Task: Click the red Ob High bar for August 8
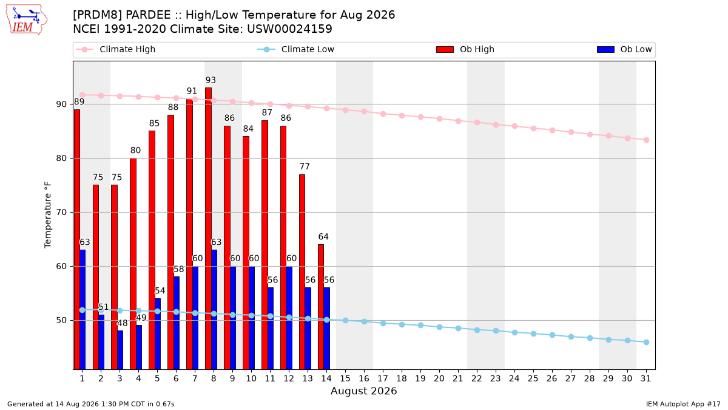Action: (208, 228)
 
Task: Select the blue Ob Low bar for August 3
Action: (120, 350)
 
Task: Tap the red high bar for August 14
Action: (321, 307)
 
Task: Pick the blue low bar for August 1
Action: (83, 309)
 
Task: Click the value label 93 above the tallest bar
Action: (211, 80)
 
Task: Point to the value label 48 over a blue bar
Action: (122, 323)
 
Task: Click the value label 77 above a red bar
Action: (305, 166)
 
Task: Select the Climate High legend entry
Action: (116, 49)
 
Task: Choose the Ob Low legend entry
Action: (624, 49)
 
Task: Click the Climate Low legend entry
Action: (296, 49)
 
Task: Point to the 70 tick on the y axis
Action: (61, 213)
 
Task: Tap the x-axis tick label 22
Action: (477, 378)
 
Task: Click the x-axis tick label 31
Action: (645, 378)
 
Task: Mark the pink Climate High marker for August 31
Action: (647, 140)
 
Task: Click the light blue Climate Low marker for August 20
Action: (439, 327)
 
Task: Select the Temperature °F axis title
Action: (48, 215)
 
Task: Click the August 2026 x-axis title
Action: (363, 391)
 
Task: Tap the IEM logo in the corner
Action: (26, 20)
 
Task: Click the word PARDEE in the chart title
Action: (148, 15)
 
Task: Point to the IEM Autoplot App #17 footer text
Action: (683, 404)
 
